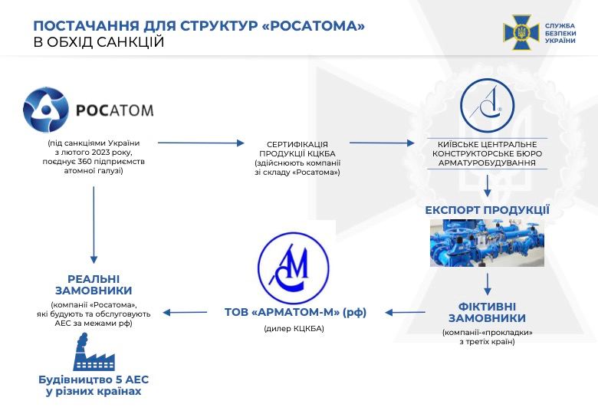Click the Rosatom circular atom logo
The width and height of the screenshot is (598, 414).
pos(47,110)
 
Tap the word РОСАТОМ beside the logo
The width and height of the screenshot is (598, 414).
pos(115,110)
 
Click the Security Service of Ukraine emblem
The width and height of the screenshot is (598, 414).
pos(521,32)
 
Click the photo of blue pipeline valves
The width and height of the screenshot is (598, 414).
pos(487,243)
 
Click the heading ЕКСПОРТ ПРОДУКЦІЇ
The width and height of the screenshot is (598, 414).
pos(488,209)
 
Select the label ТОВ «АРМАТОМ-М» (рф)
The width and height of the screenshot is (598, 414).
pos(296,312)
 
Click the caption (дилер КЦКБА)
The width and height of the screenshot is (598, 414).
pos(294,329)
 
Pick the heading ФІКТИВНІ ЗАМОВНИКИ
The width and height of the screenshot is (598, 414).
pos(487,312)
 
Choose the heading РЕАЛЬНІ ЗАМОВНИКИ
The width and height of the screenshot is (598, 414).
pos(94,284)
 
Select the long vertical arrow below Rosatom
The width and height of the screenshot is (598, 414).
pos(94,223)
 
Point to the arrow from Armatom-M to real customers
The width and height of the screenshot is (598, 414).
pos(187,312)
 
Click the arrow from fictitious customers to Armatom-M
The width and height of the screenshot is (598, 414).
pos(406,312)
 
